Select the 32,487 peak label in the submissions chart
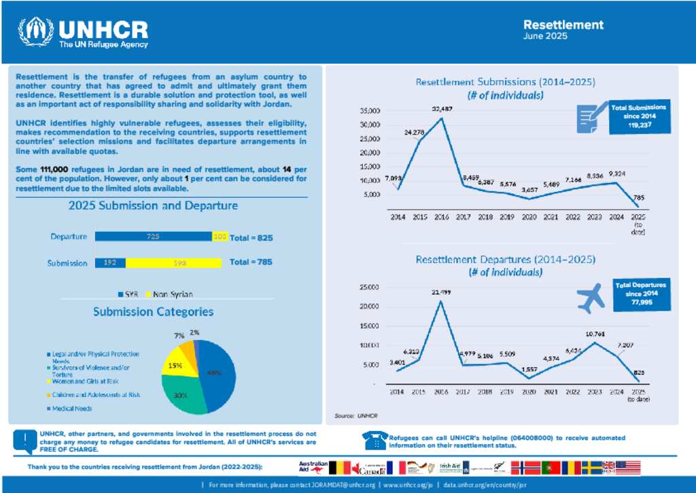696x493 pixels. [441, 108]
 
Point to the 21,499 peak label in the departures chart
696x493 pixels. [440, 292]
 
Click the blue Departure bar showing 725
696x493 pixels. [153, 237]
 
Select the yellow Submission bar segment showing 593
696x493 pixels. [179, 262]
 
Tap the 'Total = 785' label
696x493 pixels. [251, 262]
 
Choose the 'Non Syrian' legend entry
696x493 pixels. [170, 294]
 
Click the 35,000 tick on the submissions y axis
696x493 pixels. [370, 110]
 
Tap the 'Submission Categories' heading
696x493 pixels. [153, 312]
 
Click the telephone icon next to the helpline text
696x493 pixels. [375, 441]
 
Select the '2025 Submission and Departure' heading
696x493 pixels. [153, 206]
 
